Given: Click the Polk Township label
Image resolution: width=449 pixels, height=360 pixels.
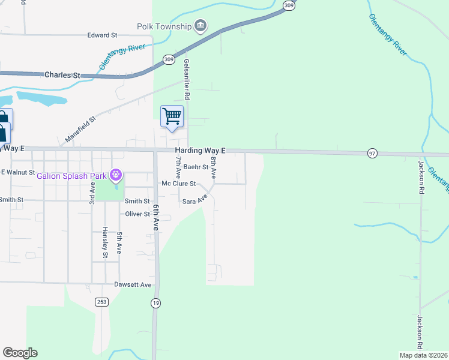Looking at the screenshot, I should (x=164, y=26).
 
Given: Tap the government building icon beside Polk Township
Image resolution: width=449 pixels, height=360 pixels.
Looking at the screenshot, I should (x=200, y=26).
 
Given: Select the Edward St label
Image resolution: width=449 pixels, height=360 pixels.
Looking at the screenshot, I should (x=101, y=35).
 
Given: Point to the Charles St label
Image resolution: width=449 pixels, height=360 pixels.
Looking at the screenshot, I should (x=62, y=75).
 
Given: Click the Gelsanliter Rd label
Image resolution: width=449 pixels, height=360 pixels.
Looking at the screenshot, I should (x=187, y=79).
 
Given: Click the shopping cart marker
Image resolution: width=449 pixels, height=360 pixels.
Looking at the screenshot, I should (x=172, y=116).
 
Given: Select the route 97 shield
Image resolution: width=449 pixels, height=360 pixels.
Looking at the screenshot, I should (x=372, y=154).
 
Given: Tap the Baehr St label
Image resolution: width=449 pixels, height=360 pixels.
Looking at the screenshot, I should (x=196, y=167).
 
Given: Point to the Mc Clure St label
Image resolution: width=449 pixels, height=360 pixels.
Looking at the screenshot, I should (x=179, y=184).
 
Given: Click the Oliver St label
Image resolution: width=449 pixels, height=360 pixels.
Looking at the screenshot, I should (x=137, y=214).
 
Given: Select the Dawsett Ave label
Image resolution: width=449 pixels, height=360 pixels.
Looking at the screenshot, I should (x=133, y=284).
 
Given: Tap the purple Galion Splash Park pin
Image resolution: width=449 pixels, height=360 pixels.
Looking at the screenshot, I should (x=116, y=176).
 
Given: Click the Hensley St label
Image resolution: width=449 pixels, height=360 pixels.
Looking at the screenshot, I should (x=104, y=242).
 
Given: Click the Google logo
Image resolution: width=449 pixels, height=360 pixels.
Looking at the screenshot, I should (x=20, y=353).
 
